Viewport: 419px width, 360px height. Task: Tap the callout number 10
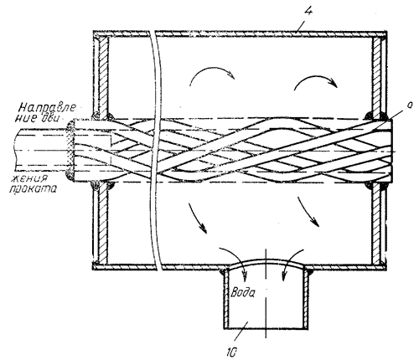point(231,352)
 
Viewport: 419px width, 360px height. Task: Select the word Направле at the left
point(46,107)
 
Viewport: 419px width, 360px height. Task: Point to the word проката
point(33,189)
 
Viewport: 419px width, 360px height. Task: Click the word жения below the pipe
point(29,178)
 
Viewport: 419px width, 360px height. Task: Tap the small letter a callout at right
point(410,105)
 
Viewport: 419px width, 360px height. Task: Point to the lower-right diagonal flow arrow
point(308,212)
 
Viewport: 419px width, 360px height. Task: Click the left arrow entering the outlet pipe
point(237,255)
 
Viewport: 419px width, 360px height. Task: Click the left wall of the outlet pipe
point(226,299)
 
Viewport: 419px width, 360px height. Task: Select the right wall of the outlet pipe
point(306,299)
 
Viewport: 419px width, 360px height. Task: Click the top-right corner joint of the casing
point(383,35)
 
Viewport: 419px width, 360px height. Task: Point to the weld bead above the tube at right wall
point(370,116)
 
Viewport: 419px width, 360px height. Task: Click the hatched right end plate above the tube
point(377,75)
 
